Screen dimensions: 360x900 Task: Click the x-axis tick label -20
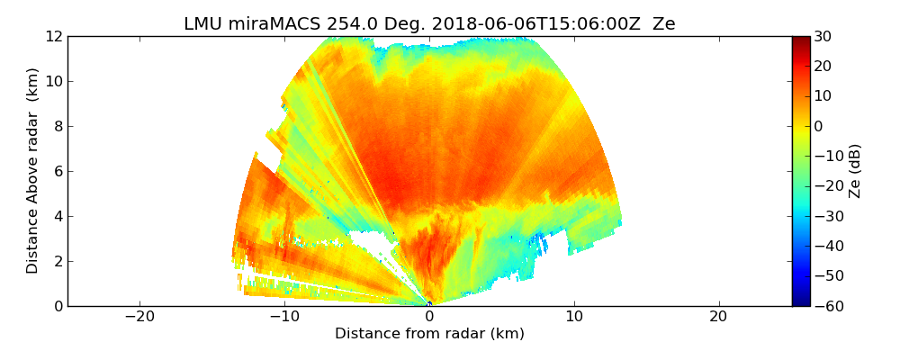coord(139,318)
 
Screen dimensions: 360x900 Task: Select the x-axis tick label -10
coord(284,318)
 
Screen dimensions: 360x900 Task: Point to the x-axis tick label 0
coord(429,318)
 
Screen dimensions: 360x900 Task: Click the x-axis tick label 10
coord(574,318)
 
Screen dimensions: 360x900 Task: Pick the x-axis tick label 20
coord(718,318)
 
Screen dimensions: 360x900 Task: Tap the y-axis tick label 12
coord(53,36)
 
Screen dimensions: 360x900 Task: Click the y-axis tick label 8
coord(57,126)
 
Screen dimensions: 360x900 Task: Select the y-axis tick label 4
coord(57,216)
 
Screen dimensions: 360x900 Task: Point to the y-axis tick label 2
coord(57,261)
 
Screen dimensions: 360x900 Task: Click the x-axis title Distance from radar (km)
coord(429,334)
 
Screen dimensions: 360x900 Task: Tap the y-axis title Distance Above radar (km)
coord(33,171)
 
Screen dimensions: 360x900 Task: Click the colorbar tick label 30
coord(823,36)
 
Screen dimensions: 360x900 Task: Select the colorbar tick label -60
coord(826,306)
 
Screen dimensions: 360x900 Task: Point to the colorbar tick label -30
coord(826,216)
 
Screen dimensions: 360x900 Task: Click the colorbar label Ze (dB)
coord(855,171)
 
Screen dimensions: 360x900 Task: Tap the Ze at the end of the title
coord(664,24)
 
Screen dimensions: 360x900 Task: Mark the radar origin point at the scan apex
coord(429,304)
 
